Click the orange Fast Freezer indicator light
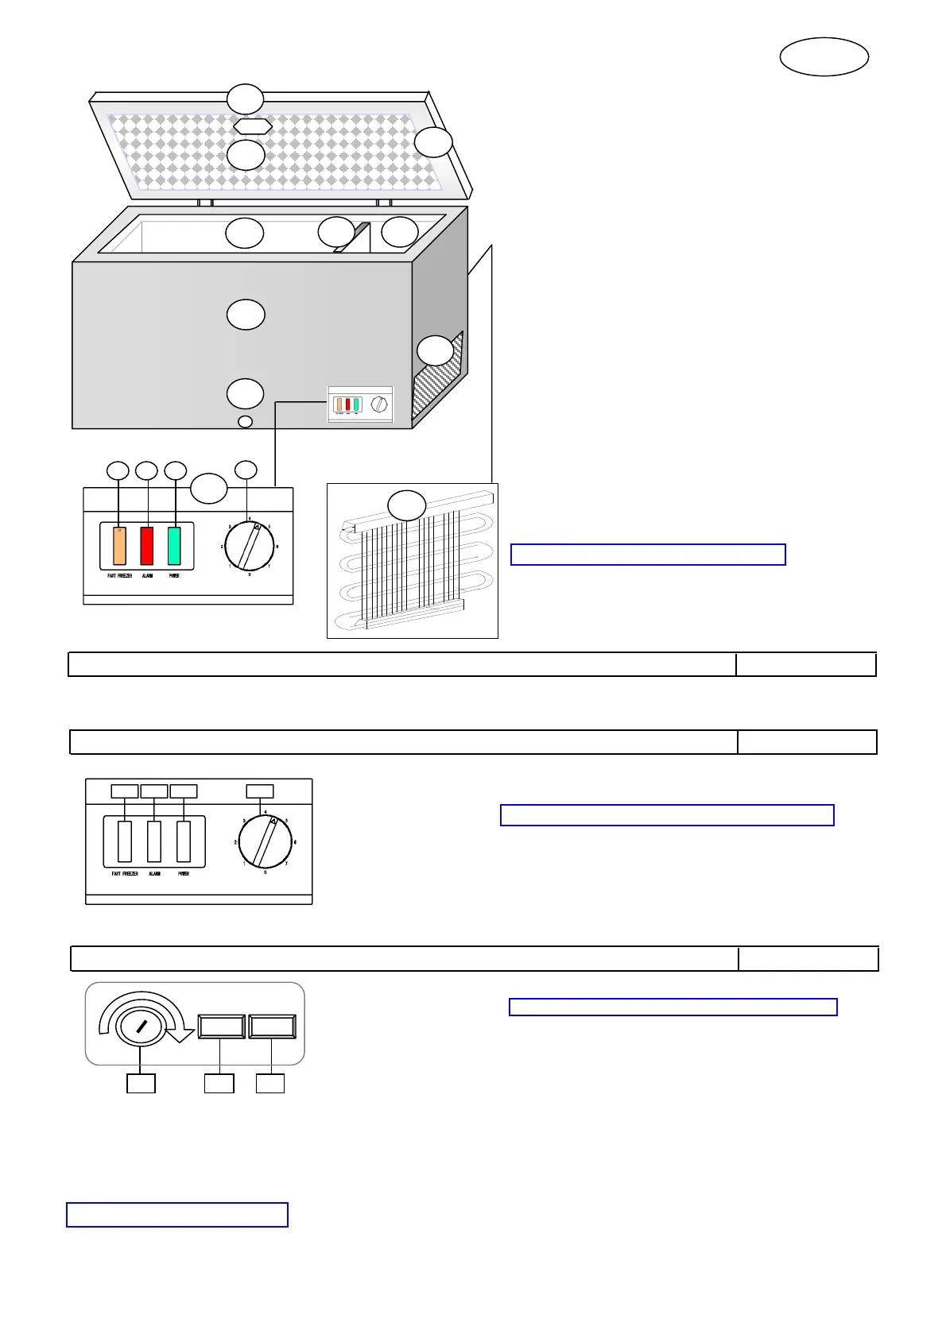(119, 545)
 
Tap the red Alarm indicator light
(147, 545)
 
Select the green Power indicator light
(174, 545)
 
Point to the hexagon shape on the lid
(253, 126)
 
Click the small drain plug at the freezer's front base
(245, 421)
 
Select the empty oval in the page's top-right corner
(824, 57)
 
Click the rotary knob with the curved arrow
(140, 1027)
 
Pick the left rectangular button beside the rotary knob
(222, 1027)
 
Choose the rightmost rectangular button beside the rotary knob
(273, 1027)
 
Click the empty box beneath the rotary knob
(141, 1083)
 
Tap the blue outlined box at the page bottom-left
(176, 1215)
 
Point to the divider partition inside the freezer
(353, 238)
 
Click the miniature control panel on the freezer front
(360, 404)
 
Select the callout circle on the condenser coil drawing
(406, 505)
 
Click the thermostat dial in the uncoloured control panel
(266, 841)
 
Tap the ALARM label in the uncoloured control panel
(154, 874)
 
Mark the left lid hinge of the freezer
(205, 203)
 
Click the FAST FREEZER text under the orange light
(120, 576)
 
